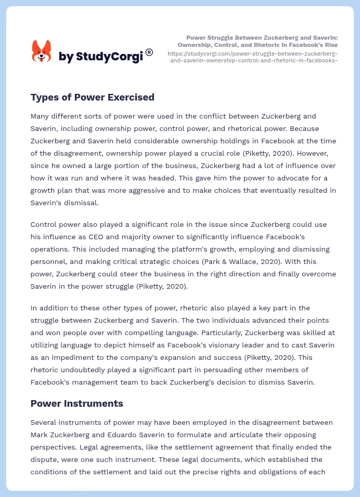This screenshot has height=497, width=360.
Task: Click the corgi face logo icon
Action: [x=42, y=51]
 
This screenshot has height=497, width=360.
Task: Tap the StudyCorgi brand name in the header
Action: [x=101, y=56]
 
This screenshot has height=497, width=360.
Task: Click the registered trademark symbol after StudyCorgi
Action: [x=149, y=52]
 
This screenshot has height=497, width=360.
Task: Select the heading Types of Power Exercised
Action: [x=92, y=97]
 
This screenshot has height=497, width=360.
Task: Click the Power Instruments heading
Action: [x=77, y=403]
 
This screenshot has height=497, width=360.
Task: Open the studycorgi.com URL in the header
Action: [x=253, y=57]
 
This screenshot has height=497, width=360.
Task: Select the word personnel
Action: [x=51, y=261]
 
